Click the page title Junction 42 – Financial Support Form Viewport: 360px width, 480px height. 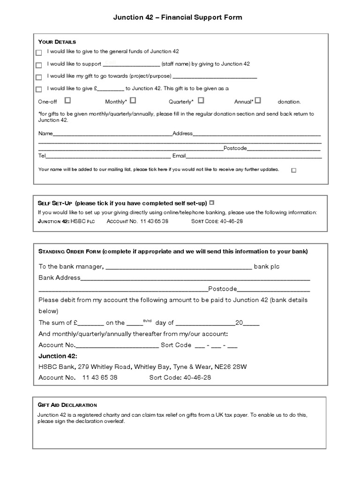(x=178, y=17)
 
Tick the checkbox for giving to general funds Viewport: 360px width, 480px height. (x=38, y=52)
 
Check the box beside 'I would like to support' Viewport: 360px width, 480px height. (x=38, y=65)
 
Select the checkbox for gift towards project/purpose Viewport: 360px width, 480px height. (x=38, y=77)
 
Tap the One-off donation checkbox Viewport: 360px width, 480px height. (x=67, y=100)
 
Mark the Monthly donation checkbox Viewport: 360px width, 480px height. (x=133, y=100)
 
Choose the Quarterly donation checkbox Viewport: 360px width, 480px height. (x=201, y=100)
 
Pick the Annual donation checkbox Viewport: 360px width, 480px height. (x=258, y=100)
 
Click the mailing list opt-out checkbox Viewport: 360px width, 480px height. (x=294, y=171)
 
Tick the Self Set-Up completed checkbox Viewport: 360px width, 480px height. (x=212, y=202)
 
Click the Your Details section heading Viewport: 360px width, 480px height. (x=57, y=42)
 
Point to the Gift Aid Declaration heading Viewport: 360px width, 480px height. (x=67, y=405)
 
